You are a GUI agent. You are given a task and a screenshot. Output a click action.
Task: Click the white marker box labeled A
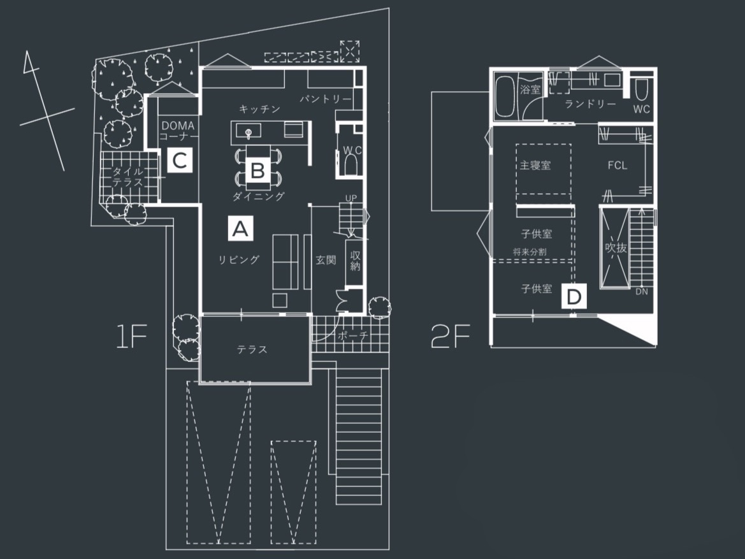[240, 229]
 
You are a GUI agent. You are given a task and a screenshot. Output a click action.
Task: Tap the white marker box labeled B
[258, 170]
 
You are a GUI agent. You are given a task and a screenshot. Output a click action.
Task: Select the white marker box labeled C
[180, 160]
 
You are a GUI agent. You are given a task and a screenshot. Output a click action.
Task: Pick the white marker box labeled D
[574, 296]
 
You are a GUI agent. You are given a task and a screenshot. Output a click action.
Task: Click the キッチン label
[259, 109]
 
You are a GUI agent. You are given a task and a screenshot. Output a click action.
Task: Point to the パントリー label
[326, 99]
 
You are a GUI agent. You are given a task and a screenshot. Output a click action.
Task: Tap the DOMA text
[178, 126]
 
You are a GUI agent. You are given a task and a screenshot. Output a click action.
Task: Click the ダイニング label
[259, 196]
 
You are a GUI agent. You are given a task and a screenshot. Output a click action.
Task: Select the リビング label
[239, 259]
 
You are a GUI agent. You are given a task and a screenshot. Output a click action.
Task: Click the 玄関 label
[326, 260]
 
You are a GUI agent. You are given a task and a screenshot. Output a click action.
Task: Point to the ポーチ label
[352, 335]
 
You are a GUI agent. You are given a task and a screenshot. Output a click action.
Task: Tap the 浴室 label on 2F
[530, 89]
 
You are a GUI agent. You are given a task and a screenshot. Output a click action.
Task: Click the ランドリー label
[591, 104]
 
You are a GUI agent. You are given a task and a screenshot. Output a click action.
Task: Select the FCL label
[617, 166]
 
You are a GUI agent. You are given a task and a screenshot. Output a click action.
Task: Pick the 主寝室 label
[535, 165]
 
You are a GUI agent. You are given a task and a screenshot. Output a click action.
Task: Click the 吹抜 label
[616, 248]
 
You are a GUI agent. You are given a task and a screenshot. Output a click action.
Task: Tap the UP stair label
[351, 198]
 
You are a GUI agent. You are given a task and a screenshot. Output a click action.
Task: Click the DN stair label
[642, 291]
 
